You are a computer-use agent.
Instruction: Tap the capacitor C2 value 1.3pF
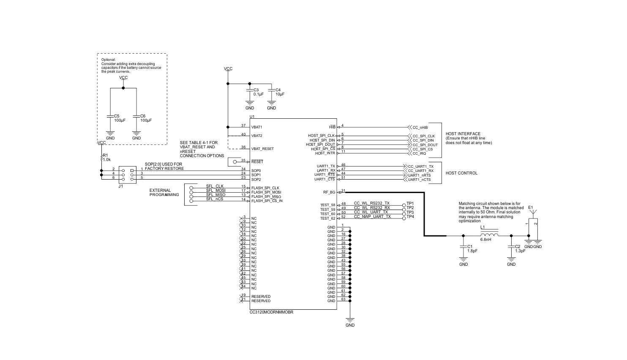point(520,251)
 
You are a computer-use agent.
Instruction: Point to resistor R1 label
point(106,155)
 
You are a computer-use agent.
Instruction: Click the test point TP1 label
point(410,203)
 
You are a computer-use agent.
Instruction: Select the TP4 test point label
point(410,217)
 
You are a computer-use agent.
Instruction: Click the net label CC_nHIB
point(420,127)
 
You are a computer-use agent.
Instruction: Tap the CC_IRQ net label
point(419,153)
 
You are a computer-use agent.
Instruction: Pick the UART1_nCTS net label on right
point(419,180)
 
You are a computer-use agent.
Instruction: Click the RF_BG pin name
point(329,192)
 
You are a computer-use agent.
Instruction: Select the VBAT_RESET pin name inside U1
point(262,149)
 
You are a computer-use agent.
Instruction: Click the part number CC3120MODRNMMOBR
point(271,312)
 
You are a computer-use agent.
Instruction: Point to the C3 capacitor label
point(256,90)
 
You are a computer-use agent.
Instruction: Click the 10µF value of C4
point(280,94)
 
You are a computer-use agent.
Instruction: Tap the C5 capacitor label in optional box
point(117,116)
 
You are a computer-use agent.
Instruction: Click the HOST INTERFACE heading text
point(463,134)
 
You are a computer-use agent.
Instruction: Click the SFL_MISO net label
point(215,195)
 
